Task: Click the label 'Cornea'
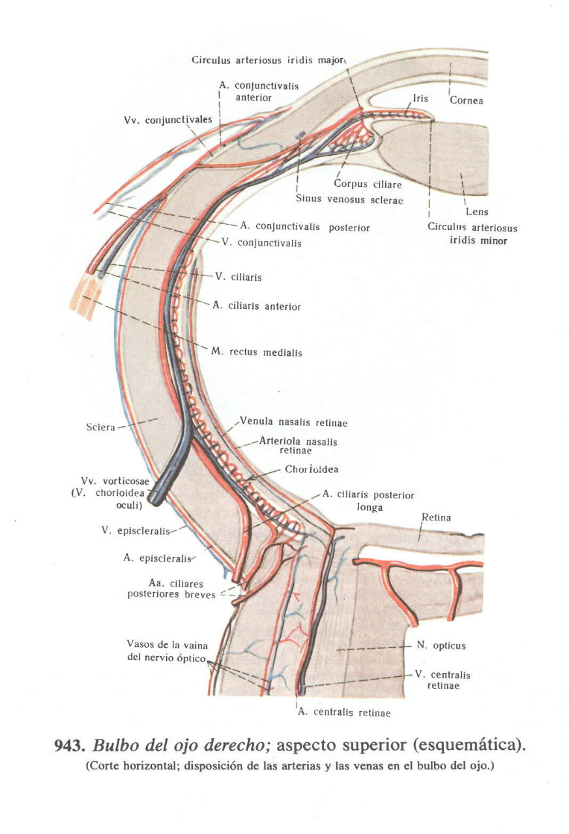(466, 101)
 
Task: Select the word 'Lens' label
(476, 212)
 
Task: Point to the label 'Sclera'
(100, 427)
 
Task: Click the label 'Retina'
(436, 518)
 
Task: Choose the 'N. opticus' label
(441, 646)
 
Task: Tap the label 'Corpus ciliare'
(368, 184)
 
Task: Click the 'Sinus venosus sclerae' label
(349, 200)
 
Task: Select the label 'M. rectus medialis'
(256, 352)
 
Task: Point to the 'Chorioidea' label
(312, 469)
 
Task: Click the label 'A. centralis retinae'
(344, 713)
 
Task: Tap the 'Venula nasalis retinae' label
(293, 423)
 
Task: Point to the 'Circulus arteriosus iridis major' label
(268, 60)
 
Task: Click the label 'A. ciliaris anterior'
(257, 306)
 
